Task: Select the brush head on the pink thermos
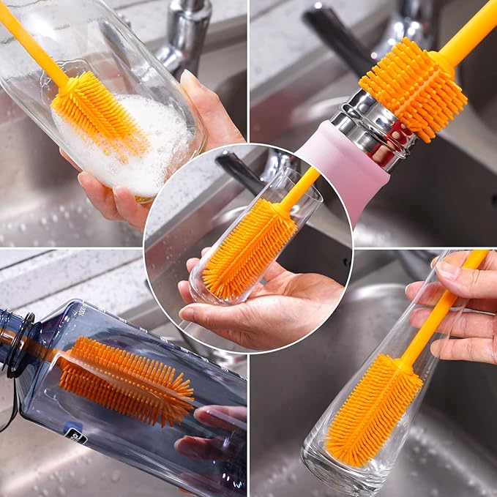point(414,88)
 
